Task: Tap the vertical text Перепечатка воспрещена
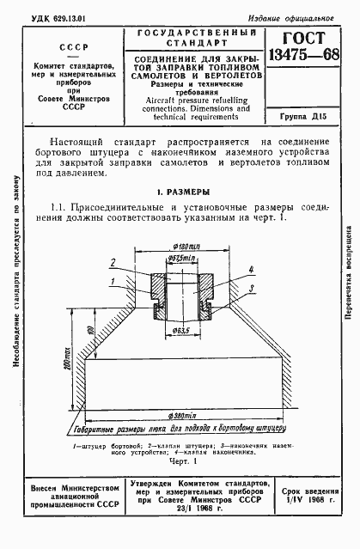(347, 276)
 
